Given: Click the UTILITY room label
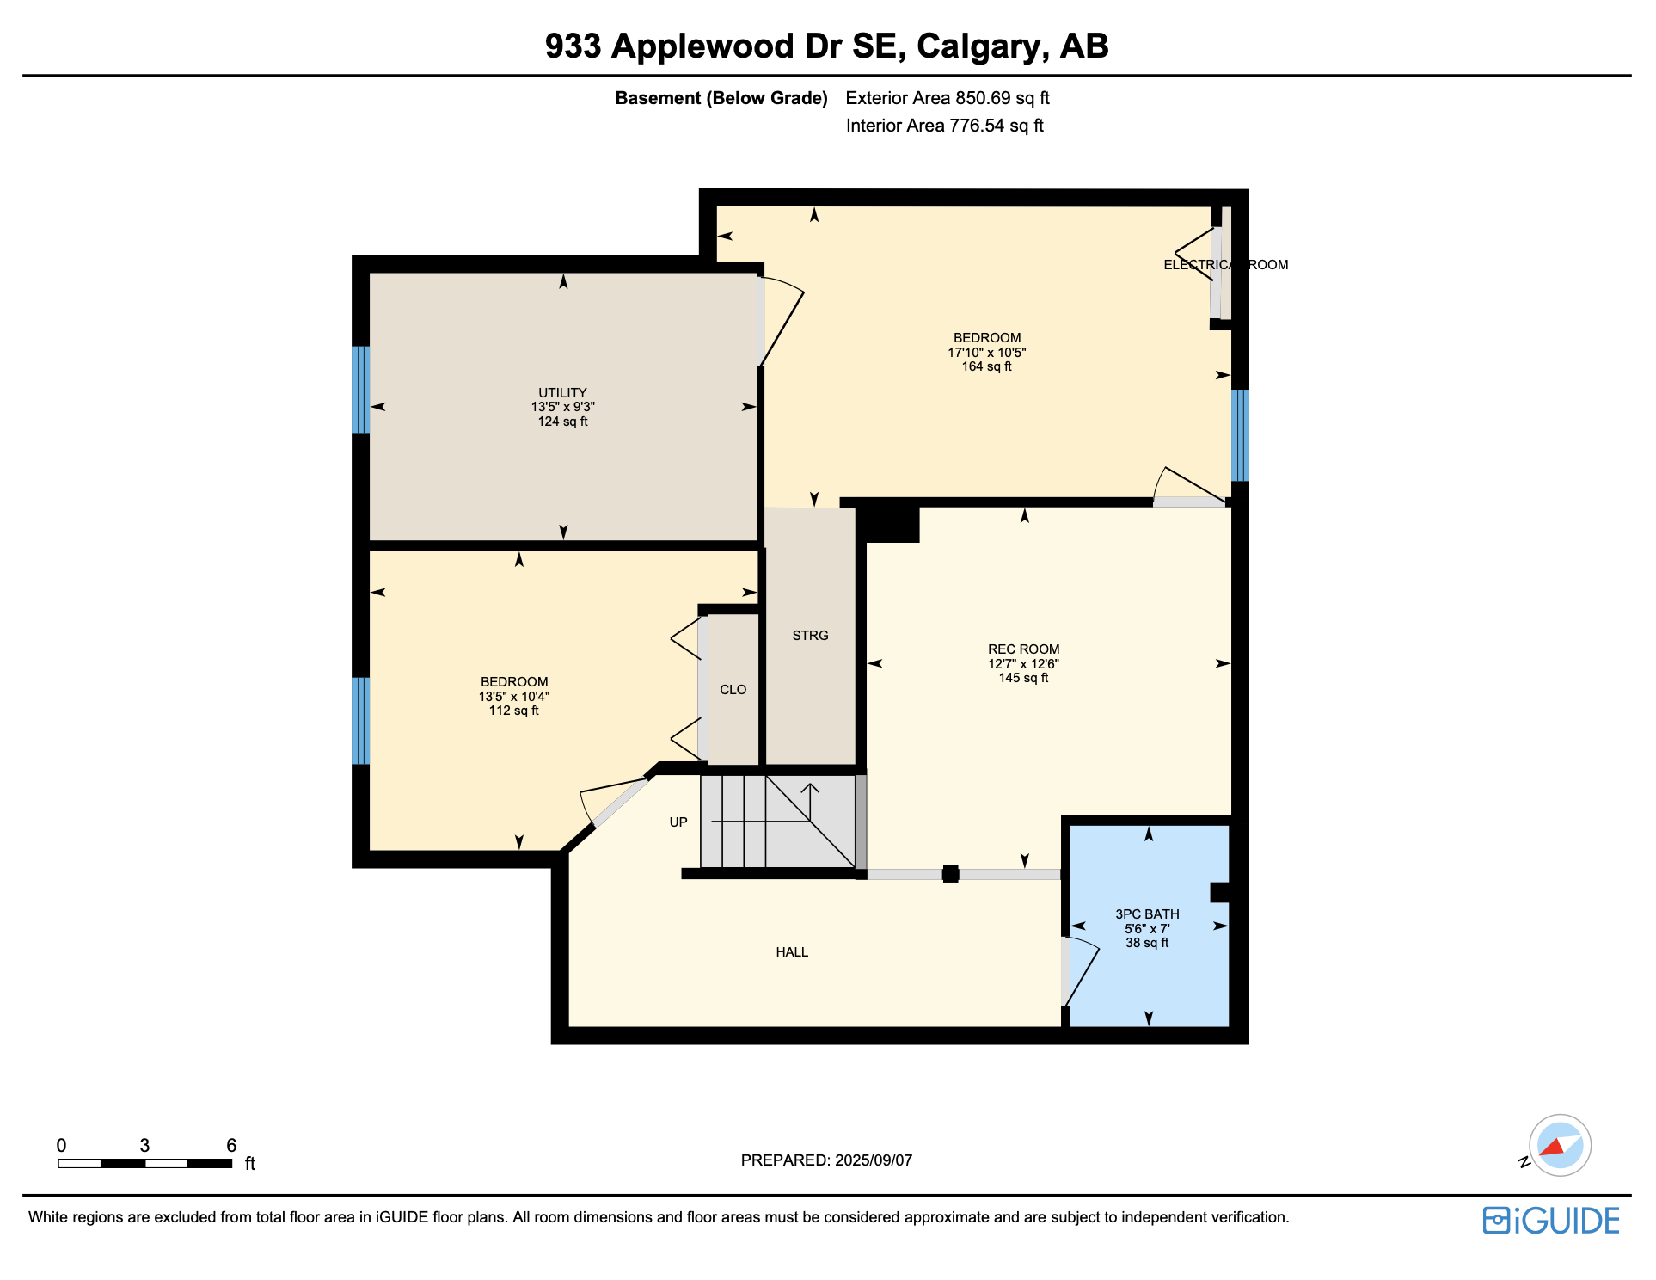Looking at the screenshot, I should (562, 393).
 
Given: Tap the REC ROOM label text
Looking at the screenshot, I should (1023, 649).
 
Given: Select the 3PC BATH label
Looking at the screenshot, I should (1147, 914).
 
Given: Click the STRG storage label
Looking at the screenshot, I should (810, 636).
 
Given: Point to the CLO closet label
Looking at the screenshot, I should (733, 690).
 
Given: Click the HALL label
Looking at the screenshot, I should (792, 952).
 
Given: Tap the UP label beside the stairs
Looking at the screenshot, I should (678, 822).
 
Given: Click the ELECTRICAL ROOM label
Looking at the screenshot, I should (1225, 265).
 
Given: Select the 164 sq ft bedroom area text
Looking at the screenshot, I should (986, 366).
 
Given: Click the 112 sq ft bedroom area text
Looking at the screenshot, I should (513, 711).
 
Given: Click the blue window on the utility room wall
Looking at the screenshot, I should (361, 390).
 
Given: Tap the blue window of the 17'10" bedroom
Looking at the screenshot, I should (1239, 435).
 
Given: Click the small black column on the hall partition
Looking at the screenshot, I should (950, 874).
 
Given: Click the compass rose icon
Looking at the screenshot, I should (1560, 1145).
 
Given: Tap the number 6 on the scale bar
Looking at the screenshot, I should (231, 1145).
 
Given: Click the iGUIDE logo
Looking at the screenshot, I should (1551, 1221).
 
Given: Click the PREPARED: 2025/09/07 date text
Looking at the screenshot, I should (826, 1160).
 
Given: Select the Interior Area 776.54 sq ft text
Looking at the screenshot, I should (944, 126).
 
